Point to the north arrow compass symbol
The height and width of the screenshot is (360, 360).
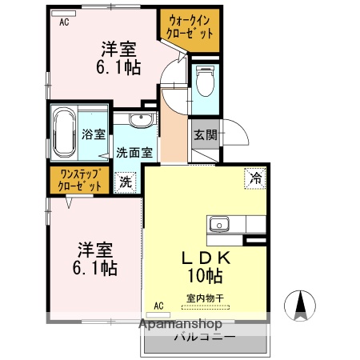(x=302, y=305)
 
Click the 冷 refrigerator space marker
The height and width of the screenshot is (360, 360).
(x=255, y=178)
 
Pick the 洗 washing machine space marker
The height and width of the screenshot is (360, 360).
(x=126, y=182)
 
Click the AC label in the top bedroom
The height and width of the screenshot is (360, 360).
(x=64, y=22)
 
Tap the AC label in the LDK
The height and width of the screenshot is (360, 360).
(x=158, y=305)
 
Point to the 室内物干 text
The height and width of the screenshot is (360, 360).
(x=205, y=298)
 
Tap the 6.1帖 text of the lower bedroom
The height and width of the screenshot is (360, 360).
(x=97, y=269)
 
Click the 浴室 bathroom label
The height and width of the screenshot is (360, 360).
(x=94, y=134)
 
